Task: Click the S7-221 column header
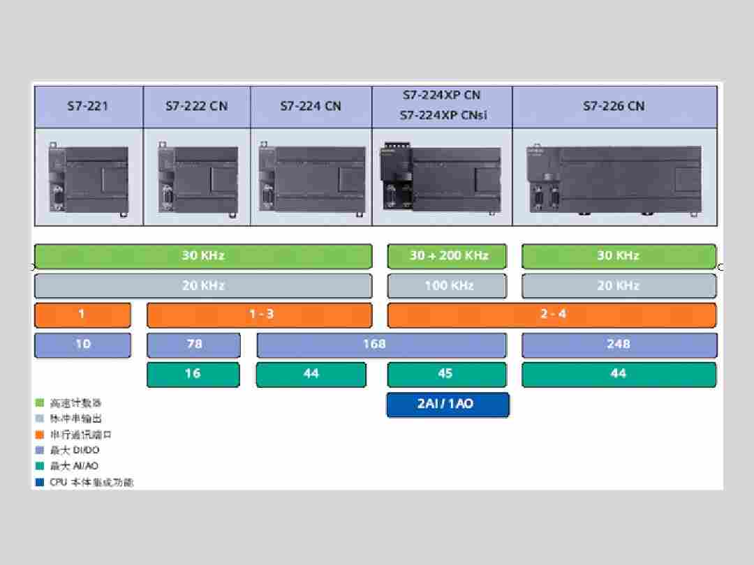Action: [x=89, y=107]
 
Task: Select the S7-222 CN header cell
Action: [x=196, y=107]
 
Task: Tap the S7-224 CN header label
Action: [x=311, y=107]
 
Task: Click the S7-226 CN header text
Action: [x=614, y=107]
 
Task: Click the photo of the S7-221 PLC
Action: [x=89, y=178]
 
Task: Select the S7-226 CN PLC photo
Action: [x=614, y=178]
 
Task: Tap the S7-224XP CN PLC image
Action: [x=441, y=179]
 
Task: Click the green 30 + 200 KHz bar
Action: [x=448, y=256]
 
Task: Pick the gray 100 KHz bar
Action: [x=448, y=285]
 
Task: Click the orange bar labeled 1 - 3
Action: [x=260, y=315]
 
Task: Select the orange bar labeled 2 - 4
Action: [x=552, y=315]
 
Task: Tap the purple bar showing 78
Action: [x=193, y=345]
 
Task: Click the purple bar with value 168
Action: [x=381, y=345]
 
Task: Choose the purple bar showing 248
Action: [x=619, y=345]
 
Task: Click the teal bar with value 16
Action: [x=193, y=375]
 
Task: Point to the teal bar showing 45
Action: [x=447, y=375]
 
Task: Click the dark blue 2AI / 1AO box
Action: [x=448, y=405]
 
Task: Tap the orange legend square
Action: [x=40, y=435]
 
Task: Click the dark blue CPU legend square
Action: [x=40, y=482]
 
